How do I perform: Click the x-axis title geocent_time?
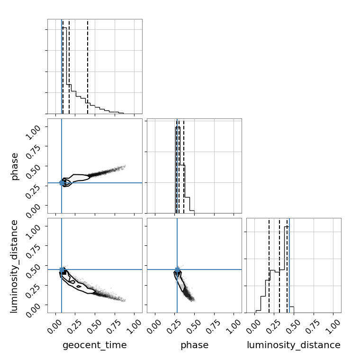(95, 345)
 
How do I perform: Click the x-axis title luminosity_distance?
(294, 345)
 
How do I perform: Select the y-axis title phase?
(15, 166)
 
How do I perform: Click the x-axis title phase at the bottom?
(194, 345)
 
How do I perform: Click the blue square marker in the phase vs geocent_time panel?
(62, 182)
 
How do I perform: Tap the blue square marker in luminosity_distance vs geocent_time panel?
(62, 270)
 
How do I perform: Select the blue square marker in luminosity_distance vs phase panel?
(177, 270)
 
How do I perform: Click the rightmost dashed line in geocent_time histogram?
(88, 66)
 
